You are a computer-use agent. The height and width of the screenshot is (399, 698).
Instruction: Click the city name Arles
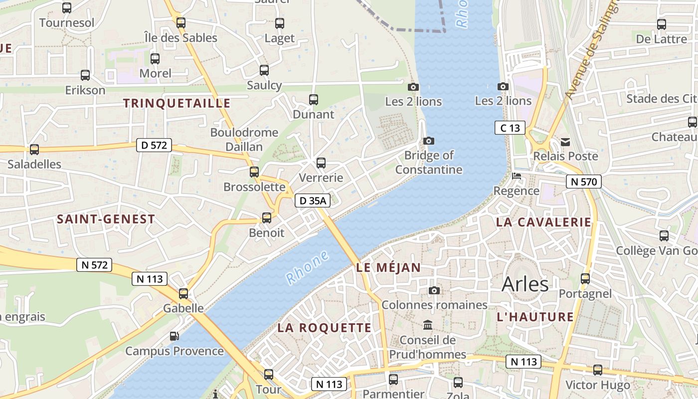(525, 284)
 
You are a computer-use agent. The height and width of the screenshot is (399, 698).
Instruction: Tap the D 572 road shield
(154, 146)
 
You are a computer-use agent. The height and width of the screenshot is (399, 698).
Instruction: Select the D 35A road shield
(313, 200)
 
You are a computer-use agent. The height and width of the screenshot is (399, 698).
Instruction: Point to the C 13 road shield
(510, 128)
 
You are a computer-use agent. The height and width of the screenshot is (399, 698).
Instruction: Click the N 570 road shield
(584, 182)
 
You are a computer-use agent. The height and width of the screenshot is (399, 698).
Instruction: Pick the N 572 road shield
(94, 265)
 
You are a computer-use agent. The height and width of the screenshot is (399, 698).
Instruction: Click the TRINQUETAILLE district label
(176, 103)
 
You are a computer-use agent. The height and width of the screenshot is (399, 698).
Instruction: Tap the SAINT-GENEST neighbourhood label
(106, 219)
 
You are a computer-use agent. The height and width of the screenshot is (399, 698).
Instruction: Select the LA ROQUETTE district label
(325, 328)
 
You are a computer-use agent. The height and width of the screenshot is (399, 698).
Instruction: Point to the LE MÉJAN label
(388, 268)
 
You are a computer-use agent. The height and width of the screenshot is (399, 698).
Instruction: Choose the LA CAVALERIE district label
(543, 222)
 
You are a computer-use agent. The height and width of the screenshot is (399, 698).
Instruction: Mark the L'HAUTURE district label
(535, 317)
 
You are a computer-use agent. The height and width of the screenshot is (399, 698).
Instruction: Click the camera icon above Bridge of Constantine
(428, 141)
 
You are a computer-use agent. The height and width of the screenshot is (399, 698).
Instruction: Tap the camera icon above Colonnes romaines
(434, 290)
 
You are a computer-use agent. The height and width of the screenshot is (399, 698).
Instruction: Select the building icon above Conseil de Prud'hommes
(428, 326)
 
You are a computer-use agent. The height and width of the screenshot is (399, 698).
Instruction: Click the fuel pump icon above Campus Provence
(174, 336)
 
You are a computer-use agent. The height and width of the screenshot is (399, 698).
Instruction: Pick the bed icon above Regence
(517, 177)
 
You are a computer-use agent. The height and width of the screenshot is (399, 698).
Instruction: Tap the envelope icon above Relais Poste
(565, 142)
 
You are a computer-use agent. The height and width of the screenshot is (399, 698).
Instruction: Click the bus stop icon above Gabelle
(183, 294)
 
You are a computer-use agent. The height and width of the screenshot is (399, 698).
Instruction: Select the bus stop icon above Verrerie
(321, 163)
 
